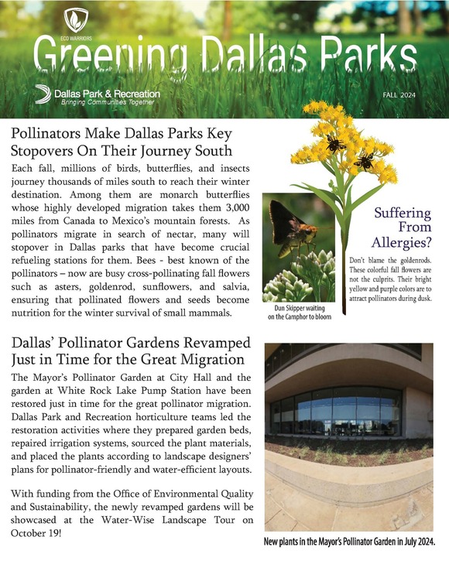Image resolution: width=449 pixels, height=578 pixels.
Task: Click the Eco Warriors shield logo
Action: pos(75,18)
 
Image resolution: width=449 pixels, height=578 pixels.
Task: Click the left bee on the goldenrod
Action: pos(334,143)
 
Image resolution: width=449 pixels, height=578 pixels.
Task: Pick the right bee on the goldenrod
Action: pos(364,161)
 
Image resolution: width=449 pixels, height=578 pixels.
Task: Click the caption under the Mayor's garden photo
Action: pos(349,542)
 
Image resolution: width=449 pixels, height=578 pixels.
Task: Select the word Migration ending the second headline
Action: pos(209,360)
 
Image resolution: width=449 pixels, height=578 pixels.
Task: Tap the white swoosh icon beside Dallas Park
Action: pos(43,94)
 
